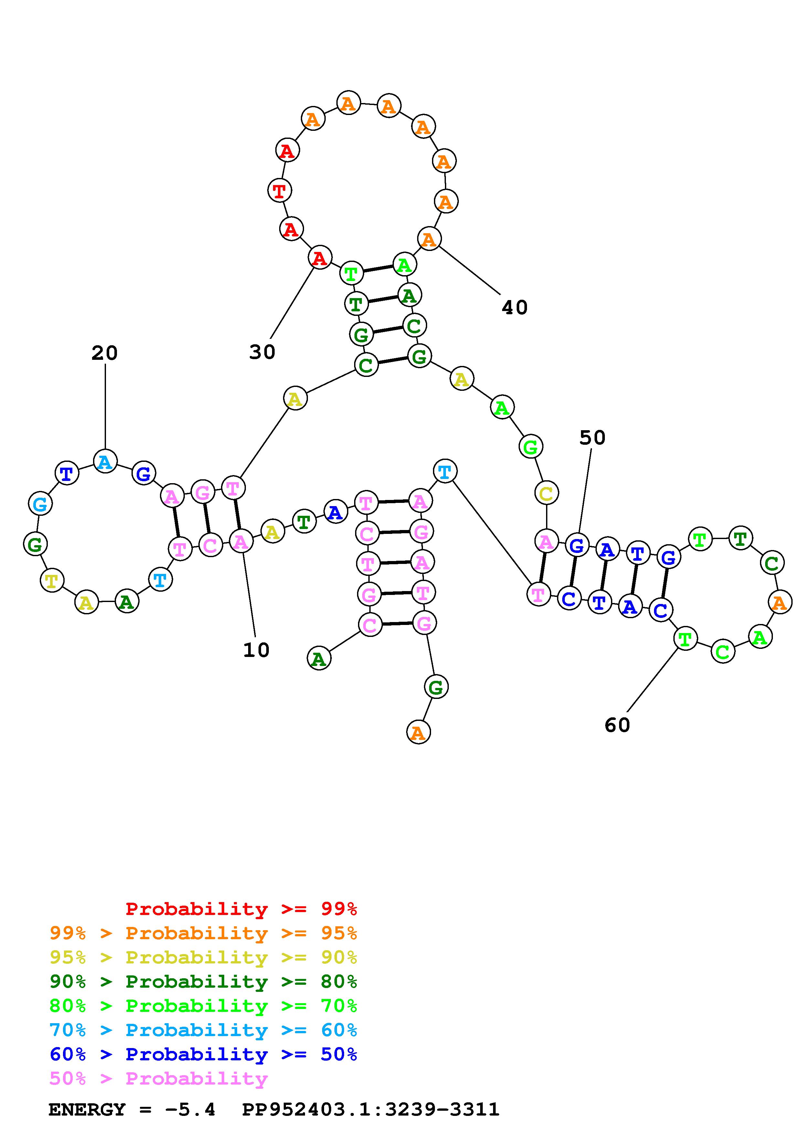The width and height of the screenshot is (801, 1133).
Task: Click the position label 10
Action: point(256,650)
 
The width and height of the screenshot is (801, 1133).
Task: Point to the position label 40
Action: point(515,308)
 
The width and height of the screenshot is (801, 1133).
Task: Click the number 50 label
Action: point(592,438)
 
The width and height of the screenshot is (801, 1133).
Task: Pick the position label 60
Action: point(617,725)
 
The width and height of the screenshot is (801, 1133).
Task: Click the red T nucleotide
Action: point(279,191)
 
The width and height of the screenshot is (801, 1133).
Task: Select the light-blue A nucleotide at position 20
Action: point(105,462)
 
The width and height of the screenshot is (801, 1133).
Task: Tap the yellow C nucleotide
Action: point(546,493)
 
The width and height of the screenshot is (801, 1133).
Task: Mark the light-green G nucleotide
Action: point(531,447)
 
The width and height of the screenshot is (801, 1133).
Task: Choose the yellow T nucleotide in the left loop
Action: point(52,580)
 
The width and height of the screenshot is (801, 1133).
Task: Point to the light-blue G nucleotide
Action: point(40,504)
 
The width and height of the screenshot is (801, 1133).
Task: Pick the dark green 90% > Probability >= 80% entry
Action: point(203,982)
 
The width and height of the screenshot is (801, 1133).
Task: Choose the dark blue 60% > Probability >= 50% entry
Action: point(203,1054)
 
